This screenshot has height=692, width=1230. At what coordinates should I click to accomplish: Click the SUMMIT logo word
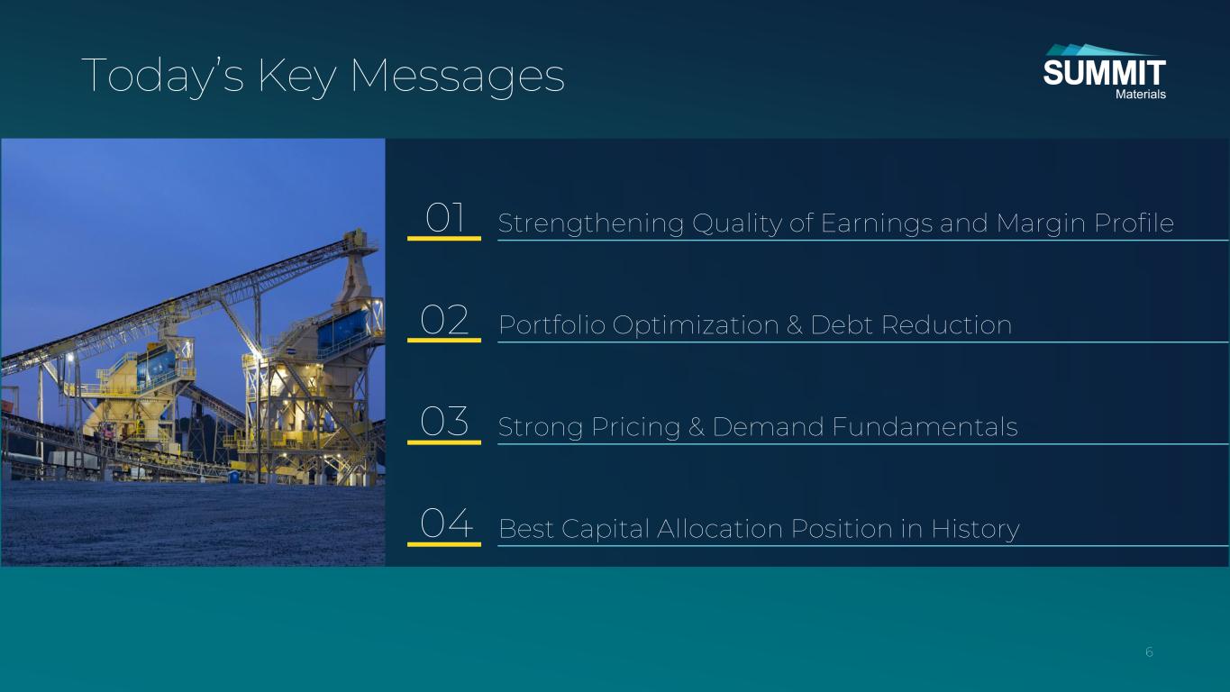[x=1104, y=72]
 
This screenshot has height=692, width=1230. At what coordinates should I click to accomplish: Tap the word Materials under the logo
[x=1141, y=95]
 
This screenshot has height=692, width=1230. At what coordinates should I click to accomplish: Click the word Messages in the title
[x=458, y=76]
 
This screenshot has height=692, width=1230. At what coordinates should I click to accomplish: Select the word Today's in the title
[x=163, y=76]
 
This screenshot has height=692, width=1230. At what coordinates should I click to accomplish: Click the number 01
[x=445, y=218]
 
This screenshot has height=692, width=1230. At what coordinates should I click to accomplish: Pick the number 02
[x=444, y=320]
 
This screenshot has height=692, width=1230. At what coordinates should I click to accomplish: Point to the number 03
[x=444, y=422]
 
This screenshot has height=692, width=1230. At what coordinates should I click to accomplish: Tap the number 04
[x=446, y=523]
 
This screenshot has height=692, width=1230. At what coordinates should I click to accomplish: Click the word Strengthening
[x=591, y=224]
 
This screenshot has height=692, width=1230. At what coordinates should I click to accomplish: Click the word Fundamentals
[x=925, y=427]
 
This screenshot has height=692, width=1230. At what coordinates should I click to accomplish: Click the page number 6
[x=1149, y=652]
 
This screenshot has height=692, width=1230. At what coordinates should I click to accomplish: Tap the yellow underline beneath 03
[x=444, y=442]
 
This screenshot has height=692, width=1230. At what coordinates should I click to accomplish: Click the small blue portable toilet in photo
[x=234, y=476]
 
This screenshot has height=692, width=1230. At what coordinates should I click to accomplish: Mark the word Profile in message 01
[x=1134, y=223]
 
